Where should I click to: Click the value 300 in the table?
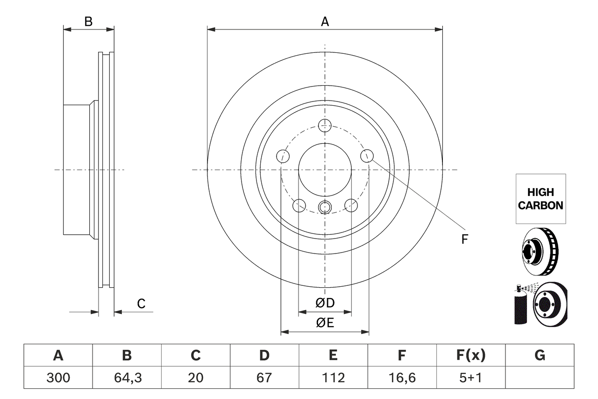pos(58,377)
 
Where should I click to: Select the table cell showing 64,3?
pos(127,377)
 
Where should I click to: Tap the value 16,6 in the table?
pos(402,377)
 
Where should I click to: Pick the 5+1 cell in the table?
pos(470,377)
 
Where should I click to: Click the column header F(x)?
pos(470,356)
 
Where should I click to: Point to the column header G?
pos(540,356)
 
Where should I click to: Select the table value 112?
pos(333,377)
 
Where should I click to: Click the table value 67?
pos(264,377)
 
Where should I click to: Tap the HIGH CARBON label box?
pos(541,199)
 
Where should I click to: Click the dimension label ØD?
pos(325,303)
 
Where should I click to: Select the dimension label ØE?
pos(325,323)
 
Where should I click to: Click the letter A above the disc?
pos(325,22)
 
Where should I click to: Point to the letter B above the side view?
pos(88,22)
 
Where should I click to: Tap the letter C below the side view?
pos(141,304)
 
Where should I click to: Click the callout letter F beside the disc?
pos(464,239)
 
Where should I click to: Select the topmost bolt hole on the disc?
pos(325,125)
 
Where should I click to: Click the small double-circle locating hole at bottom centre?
pos(325,207)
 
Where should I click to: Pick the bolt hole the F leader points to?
pos(367,156)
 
